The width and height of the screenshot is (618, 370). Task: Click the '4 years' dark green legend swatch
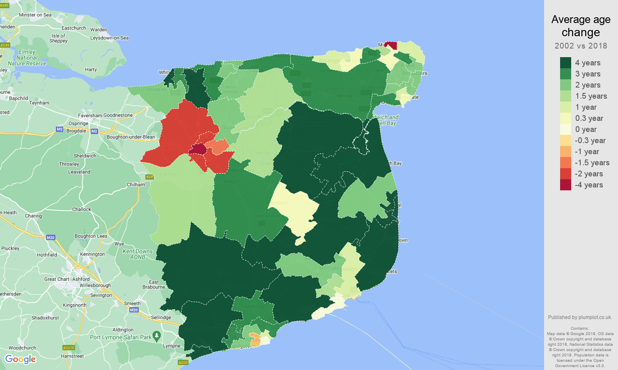click(x=565, y=62)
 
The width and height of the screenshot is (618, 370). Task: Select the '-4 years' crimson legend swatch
click(x=565, y=185)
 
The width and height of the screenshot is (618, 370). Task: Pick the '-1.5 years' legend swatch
click(x=565, y=162)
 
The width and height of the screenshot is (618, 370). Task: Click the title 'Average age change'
click(x=581, y=25)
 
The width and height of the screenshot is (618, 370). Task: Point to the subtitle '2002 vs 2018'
click(x=581, y=46)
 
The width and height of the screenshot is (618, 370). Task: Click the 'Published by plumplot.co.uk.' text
click(x=580, y=317)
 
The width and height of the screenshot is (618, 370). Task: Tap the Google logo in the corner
click(x=20, y=359)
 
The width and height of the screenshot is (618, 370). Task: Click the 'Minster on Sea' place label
click(x=35, y=15)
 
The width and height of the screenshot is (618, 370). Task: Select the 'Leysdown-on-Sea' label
click(x=109, y=38)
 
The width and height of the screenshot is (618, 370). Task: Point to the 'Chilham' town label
click(x=136, y=185)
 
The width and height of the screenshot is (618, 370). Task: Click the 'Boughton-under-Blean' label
click(x=131, y=137)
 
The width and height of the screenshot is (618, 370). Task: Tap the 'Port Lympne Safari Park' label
click(x=121, y=337)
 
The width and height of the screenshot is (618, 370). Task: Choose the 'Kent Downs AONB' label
click(x=138, y=254)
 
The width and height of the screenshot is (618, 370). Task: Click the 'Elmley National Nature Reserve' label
click(x=27, y=58)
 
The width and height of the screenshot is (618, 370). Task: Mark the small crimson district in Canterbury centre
click(x=198, y=149)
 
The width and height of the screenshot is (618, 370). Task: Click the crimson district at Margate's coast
click(x=392, y=45)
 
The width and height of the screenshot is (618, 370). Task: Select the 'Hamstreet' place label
click(x=72, y=356)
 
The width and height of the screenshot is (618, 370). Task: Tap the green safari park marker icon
click(x=156, y=336)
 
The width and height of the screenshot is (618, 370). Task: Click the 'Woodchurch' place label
click(x=22, y=348)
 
